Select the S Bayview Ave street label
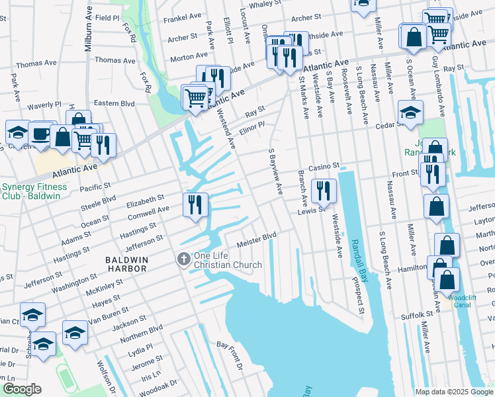275,171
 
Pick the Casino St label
323,166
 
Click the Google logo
22,390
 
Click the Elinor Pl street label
252,128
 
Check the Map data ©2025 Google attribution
453,392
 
